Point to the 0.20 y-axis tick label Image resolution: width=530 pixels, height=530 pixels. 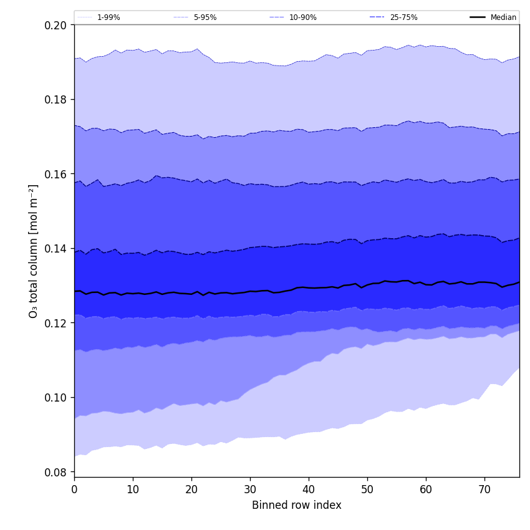(x=57, y=25)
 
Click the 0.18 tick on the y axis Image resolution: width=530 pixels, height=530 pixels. (x=57, y=100)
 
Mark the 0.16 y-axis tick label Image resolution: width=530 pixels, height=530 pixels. (x=57, y=174)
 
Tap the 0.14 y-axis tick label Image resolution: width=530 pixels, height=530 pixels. (x=57, y=249)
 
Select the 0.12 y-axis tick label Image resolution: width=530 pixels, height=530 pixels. (x=57, y=323)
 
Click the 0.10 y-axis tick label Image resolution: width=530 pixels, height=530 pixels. (x=57, y=398)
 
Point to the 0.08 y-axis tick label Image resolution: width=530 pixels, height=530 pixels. (x=57, y=472)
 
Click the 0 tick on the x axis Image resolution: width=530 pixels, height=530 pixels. (x=74, y=489)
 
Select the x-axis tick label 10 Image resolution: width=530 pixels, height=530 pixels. (x=133, y=489)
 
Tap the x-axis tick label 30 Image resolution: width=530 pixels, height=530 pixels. (x=250, y=489)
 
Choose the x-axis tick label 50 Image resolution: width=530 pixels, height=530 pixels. (x=367, y=489)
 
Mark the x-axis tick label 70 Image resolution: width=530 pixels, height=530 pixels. (x=484, y=489)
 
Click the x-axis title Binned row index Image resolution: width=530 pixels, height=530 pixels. (x=297, y=506)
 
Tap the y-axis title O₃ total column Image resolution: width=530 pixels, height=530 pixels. (x=34, y=251)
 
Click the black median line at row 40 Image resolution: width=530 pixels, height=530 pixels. (x=309, y=287)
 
